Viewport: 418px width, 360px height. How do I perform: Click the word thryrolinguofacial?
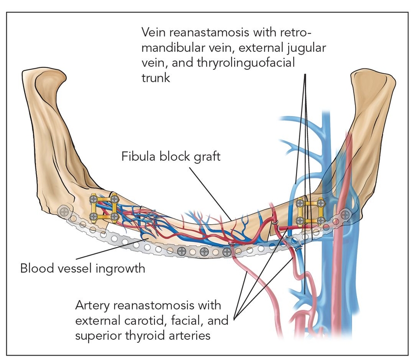pos(241,63)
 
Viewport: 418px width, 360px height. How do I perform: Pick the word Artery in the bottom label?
pos(92,305)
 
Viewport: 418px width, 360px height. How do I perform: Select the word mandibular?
pos(171,48)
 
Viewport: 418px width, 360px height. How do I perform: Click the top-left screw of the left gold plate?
pos(93,199)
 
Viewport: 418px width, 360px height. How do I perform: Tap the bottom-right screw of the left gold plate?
pos(114,216)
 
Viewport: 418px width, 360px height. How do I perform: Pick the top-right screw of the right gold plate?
pos(320,202)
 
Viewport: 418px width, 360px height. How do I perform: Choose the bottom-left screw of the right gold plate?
pos(299,220)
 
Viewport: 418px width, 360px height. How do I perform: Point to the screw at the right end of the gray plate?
pos(346,214)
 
